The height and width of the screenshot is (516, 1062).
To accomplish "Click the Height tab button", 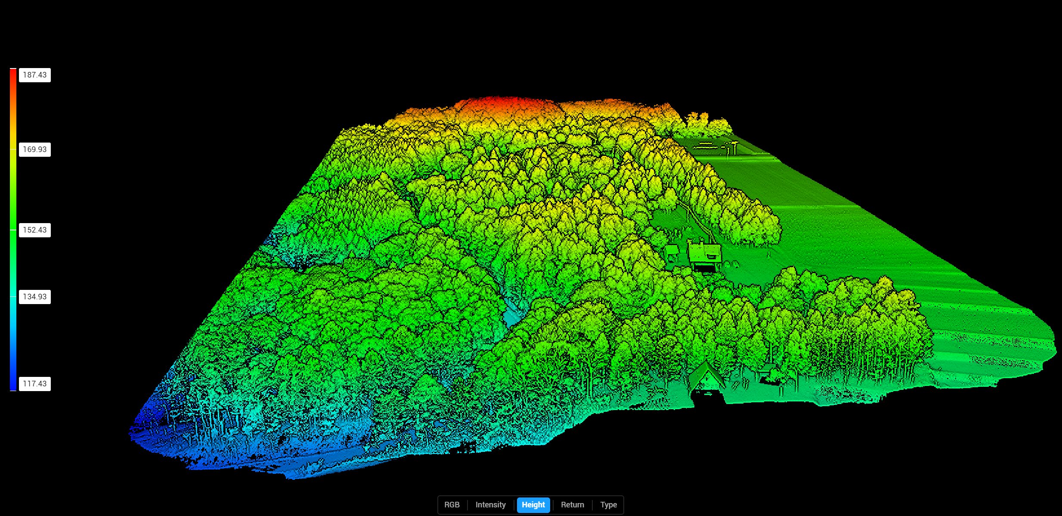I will point(533,505).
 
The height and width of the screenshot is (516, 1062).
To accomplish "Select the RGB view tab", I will point(452,505).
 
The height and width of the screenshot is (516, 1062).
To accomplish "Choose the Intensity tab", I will point(490,505).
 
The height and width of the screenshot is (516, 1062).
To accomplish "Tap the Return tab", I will point(572,505).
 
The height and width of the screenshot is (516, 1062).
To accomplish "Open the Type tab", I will point(608,505).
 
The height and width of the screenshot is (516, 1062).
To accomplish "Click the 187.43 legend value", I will point(35,75).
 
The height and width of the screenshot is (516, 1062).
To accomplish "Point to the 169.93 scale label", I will point(35,149).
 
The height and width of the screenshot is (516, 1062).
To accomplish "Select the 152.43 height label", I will point(35,230).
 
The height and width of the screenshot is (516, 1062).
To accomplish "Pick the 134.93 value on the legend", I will point(35,297).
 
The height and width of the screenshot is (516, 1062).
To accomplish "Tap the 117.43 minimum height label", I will point(35,384).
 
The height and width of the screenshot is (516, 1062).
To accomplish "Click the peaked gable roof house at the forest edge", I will point(706,375).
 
